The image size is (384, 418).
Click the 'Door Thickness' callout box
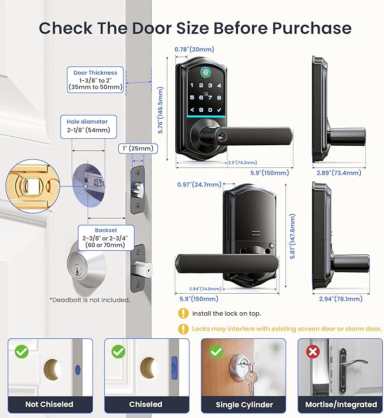pyautogui.click(x=96, y=80)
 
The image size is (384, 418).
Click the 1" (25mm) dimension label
pyautogui.click(x=138, y=149)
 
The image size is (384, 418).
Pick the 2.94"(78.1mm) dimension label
pyautogui.click(x=333, y=299)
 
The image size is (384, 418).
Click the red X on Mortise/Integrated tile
pyautogui.click(x=311, y=351)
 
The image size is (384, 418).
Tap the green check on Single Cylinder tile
pyautogui.click(x=215, y=351)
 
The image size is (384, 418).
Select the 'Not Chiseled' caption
pyautogui.click(x=49, y=404)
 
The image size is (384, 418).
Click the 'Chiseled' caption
pyautogui.click(x=145, y=404)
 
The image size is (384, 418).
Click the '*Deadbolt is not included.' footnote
pyautogui.click(x=89, y=300)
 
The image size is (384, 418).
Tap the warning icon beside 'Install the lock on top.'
pyautogui.click(x=183, y=313)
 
